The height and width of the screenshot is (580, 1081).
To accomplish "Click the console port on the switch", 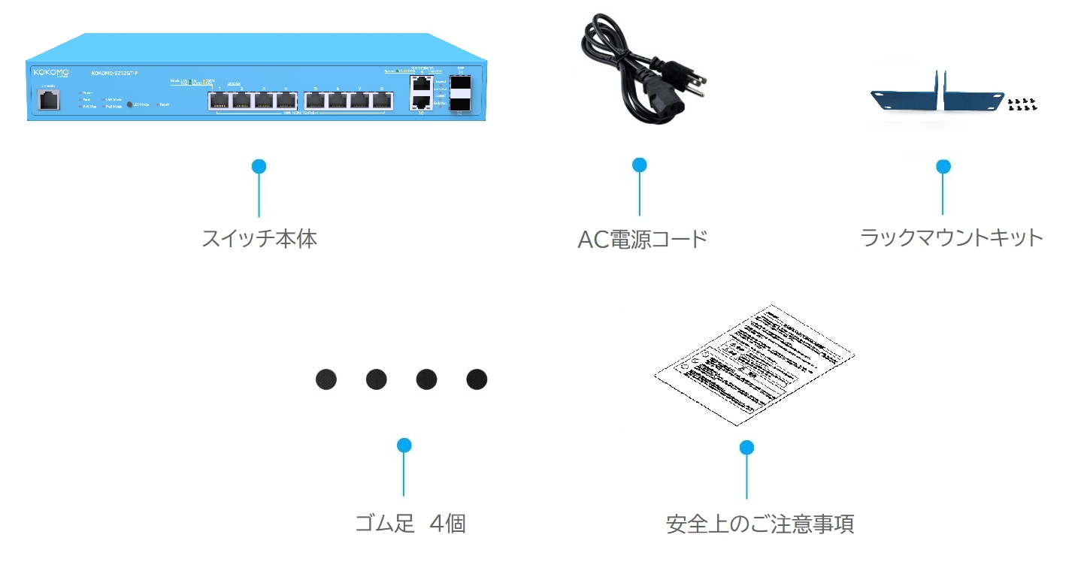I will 49,101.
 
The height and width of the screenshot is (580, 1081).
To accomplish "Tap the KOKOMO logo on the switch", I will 50,72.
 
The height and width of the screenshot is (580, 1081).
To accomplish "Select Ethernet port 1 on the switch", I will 219,100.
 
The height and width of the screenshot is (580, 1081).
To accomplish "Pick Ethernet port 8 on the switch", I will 383,100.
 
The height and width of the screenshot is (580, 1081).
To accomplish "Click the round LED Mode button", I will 129,105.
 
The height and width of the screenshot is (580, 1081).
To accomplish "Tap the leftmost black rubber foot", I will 326,379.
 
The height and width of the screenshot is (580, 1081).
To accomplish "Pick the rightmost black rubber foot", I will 477,379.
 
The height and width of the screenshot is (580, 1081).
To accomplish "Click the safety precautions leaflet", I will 754,364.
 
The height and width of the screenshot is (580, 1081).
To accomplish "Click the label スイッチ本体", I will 259,239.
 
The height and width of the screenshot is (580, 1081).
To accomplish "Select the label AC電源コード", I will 642,240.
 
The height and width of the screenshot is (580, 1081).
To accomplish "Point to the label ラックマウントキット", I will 951,238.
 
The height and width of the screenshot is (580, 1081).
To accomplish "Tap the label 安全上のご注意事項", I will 759,524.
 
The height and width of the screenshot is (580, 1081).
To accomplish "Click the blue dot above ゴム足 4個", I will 404,446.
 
